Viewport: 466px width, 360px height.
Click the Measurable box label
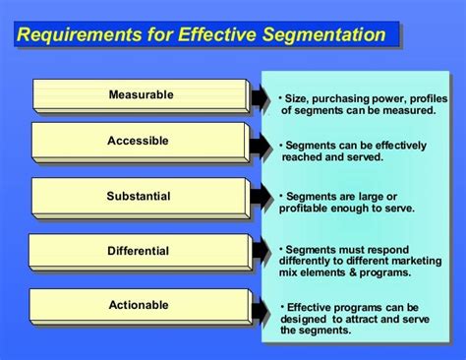tap(141, 95)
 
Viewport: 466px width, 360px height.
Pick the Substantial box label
tap(140, 196)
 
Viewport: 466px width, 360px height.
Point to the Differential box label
tap(139, 251)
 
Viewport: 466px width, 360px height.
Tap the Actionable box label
tap(139, 306)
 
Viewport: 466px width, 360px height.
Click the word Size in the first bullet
tap(296, 97)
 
